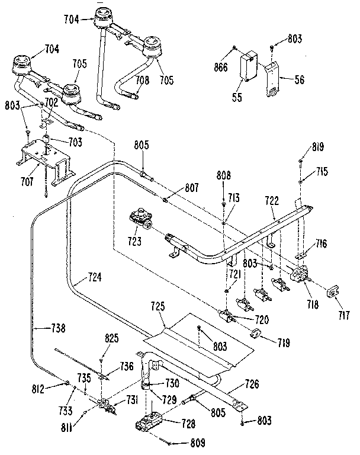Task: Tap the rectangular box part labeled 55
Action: (246, 64)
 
